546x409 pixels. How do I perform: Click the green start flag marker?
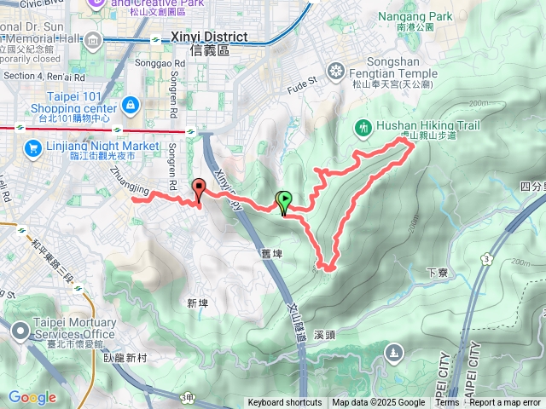click(283, 202)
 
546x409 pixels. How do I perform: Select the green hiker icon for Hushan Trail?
click(362, 128)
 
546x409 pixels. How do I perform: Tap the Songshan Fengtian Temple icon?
click(335, 70)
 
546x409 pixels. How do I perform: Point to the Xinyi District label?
click(209, 37)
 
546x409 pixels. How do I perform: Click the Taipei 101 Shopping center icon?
click(131, 105)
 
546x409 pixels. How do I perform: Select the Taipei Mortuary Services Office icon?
click(22, 328)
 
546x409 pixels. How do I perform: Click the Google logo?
click(32, 397)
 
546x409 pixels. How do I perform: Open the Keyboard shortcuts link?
click(285, 403)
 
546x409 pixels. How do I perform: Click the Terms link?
click(447, 403)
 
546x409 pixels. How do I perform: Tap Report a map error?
click(505, 403)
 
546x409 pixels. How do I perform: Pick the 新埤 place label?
click(196, 303)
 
